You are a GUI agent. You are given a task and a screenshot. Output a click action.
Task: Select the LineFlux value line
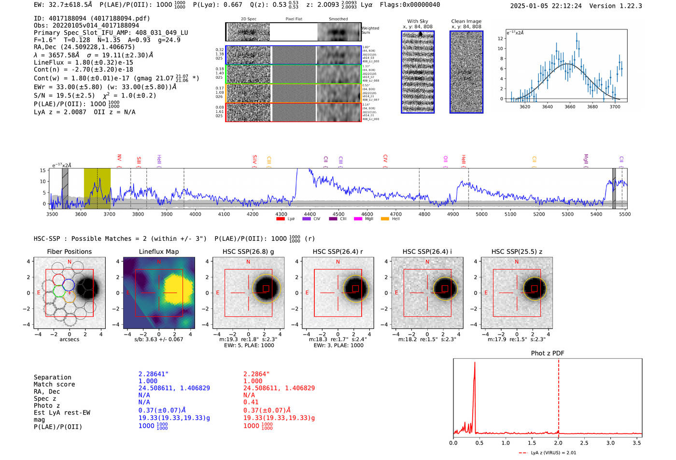point(84,62)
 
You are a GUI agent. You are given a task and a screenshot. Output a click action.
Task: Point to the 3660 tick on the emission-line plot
point(570,107)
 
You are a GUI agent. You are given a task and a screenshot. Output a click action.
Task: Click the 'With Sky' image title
point(418,21)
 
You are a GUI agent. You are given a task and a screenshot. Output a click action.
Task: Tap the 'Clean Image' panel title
point(466,21)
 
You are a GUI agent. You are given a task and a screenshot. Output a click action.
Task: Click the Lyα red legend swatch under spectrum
point(280,219)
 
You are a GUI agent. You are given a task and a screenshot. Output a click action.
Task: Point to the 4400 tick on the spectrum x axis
point(310,214)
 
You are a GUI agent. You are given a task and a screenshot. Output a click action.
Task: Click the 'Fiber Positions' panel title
point(69,251)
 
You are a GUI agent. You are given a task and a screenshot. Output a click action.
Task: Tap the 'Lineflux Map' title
point(158,251)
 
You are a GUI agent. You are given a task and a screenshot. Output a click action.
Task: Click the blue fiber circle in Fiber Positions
point(69,285)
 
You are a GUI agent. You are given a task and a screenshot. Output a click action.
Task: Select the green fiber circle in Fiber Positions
point(59,291)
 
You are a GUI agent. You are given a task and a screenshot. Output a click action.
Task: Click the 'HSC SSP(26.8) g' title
point(248,251)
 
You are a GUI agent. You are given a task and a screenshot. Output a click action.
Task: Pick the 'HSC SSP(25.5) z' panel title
point(517,251)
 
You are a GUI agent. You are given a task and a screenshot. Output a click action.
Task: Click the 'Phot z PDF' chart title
point(547,353)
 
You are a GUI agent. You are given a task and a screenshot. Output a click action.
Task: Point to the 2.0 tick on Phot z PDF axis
point(558,443)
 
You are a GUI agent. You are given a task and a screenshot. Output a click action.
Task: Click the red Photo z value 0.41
point(251,402)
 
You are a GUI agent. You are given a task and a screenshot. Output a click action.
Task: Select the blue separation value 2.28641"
point(154,374)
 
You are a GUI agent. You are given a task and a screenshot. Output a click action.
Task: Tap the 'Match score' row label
point(54,385)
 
